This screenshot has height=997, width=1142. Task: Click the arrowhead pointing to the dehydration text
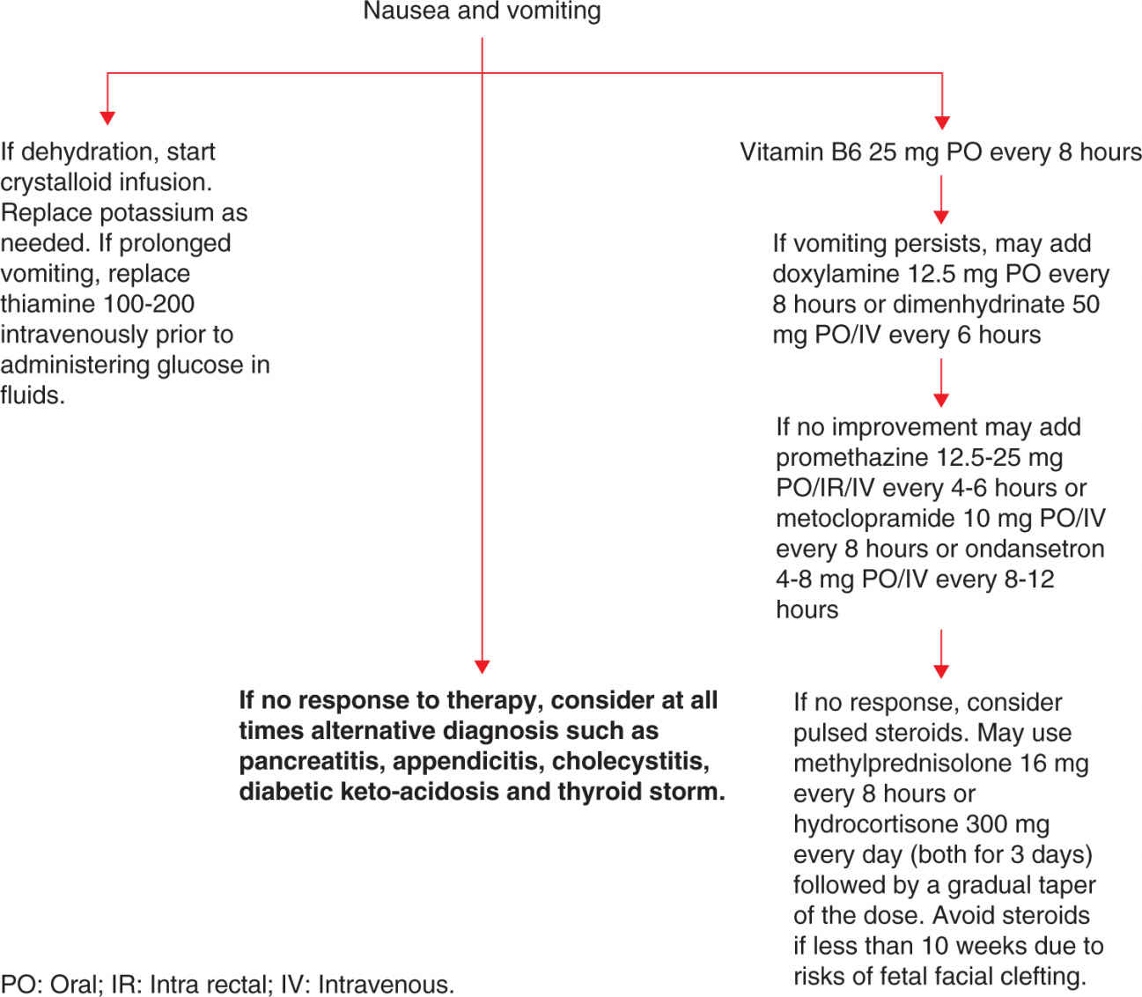pyautogui.click(x=107, y=117)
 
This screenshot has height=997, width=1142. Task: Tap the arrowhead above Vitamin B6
pyautogui.click(x=941, y=122)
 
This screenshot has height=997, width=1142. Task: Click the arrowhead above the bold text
pyautogui.click(x=482, y=667)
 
